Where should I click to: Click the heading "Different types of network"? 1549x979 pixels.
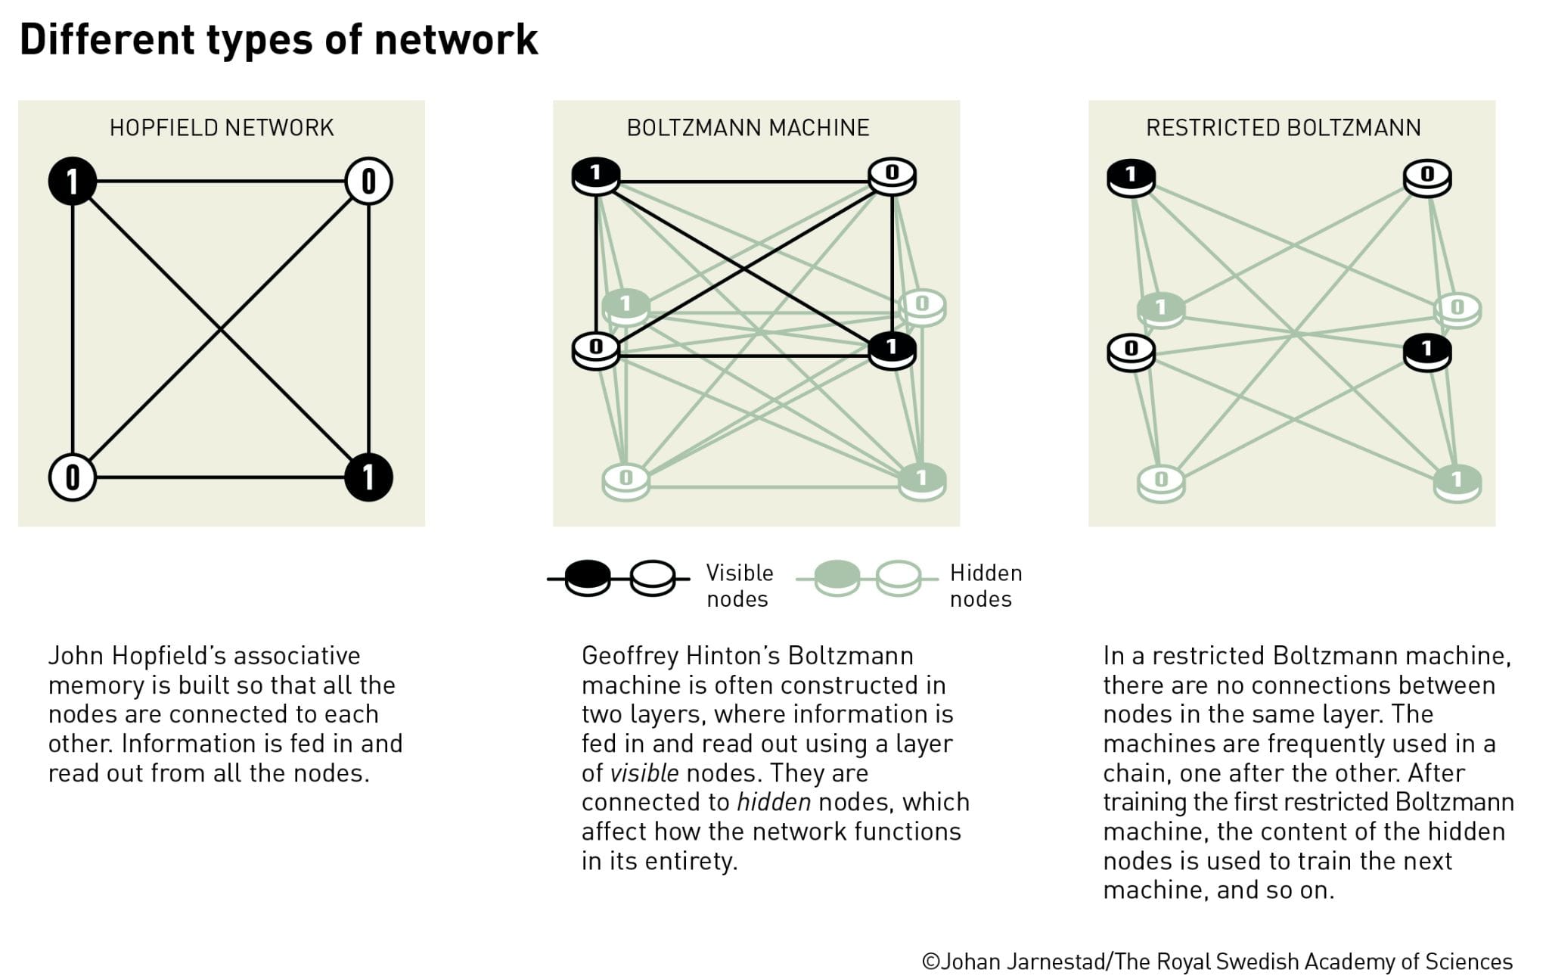point(278,39)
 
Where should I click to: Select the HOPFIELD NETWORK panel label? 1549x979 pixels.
point(222,128)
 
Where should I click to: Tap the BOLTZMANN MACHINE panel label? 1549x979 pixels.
point(748,128)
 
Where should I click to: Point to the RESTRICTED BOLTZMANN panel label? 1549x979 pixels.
point(1284,128)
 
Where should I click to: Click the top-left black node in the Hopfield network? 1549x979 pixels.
point(72,182)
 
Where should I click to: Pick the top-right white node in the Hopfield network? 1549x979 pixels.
point(368,182)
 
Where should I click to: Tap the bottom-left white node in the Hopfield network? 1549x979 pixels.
point(72,477)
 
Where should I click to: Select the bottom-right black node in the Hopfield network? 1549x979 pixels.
point(368,477)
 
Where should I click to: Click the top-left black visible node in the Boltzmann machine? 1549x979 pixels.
point(596,176)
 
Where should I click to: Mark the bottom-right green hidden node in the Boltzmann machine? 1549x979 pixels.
point(922,480)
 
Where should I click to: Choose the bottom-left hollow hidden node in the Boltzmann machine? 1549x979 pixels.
point(625,480)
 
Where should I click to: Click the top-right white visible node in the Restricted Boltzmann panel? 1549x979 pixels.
point(1427,177)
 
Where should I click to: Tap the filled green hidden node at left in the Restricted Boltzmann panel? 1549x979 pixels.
point(1161,309)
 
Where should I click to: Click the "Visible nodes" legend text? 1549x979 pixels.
point(739,586)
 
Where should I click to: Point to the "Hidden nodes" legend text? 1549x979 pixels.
point(986,586)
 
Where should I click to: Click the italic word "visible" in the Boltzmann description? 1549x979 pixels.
point(644,773)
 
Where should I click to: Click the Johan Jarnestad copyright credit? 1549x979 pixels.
point(1217,961)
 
